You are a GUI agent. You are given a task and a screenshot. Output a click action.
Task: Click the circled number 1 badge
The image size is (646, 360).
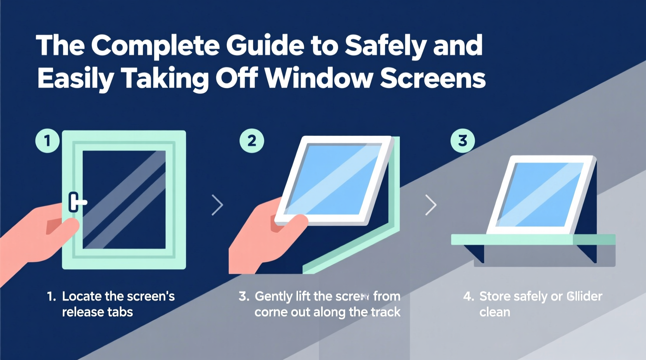pyautogui.click(x=47, y=140)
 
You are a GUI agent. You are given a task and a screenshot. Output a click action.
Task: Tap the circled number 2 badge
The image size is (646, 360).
pyautogui.click(x=252, y=140)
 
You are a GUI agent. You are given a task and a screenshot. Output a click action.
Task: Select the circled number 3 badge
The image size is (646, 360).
pyautogui.click(x=462, y=140)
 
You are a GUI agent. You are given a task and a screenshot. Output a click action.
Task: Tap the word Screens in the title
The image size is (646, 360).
pyautogui.click(x=432, y=78)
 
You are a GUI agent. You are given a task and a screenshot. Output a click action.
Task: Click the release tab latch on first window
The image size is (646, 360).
pyautogui.click(x=76, y=202)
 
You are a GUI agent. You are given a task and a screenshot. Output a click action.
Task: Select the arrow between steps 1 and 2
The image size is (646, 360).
pyautogui.click(x=217, y=205)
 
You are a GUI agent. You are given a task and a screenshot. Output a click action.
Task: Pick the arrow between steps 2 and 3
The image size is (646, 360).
pyautogui.click(x=431, y=205)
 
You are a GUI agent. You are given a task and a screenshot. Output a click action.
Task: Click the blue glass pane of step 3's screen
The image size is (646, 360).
pyautogui.click(x=540, y=194)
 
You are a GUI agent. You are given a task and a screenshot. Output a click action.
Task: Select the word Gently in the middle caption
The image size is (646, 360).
pyautogui.click(x=273, y=297)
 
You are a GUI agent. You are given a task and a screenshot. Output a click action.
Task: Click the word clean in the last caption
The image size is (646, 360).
pyautogui.click(x=495, y=312)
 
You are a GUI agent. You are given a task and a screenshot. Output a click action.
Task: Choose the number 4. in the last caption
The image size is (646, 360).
pyautogui.click(x=468, y=297)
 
